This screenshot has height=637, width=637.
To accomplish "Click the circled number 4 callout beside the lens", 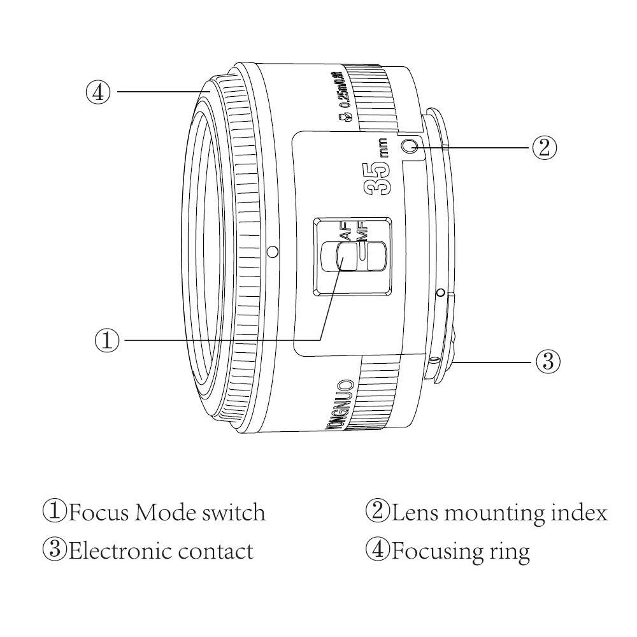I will pos(98,92).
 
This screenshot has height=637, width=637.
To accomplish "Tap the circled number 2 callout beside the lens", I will pos(544,148).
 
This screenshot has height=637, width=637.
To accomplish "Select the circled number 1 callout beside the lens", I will pos(108,340).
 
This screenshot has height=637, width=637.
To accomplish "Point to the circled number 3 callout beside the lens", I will pos(547,362).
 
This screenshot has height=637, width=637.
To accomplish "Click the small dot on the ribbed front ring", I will pos(273,252).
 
